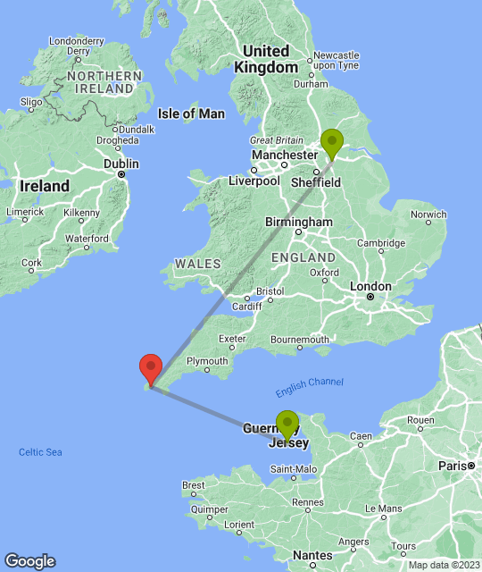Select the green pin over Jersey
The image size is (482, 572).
point(287,424)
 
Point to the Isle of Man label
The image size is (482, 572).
point(191,114)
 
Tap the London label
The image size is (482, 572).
point(370,287)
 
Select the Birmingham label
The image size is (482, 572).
point(298,222)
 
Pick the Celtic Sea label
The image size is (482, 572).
point(40,452)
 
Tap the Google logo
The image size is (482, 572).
point(29,561)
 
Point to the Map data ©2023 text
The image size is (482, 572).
point(445,565)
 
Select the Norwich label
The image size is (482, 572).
point(429,214)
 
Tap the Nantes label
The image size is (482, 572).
point(312,555)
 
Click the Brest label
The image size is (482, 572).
point(193,485)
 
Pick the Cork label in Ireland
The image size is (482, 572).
point(32,264)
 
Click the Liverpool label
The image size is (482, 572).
point(254,181)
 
